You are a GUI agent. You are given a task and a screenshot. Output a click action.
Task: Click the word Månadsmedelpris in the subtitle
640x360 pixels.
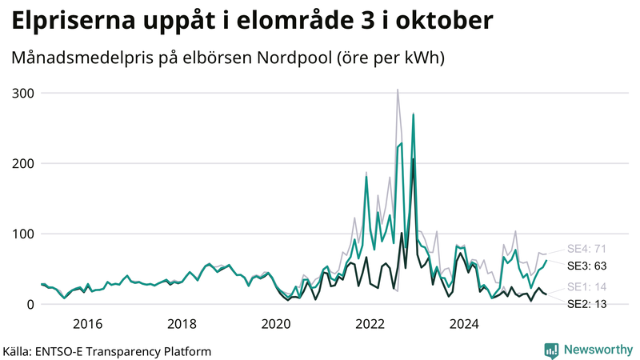coord(90,58)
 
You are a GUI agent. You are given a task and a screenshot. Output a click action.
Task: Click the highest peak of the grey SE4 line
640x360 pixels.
coord(398,90)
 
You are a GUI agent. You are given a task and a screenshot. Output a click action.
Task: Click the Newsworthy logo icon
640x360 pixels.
coord(551,350)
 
